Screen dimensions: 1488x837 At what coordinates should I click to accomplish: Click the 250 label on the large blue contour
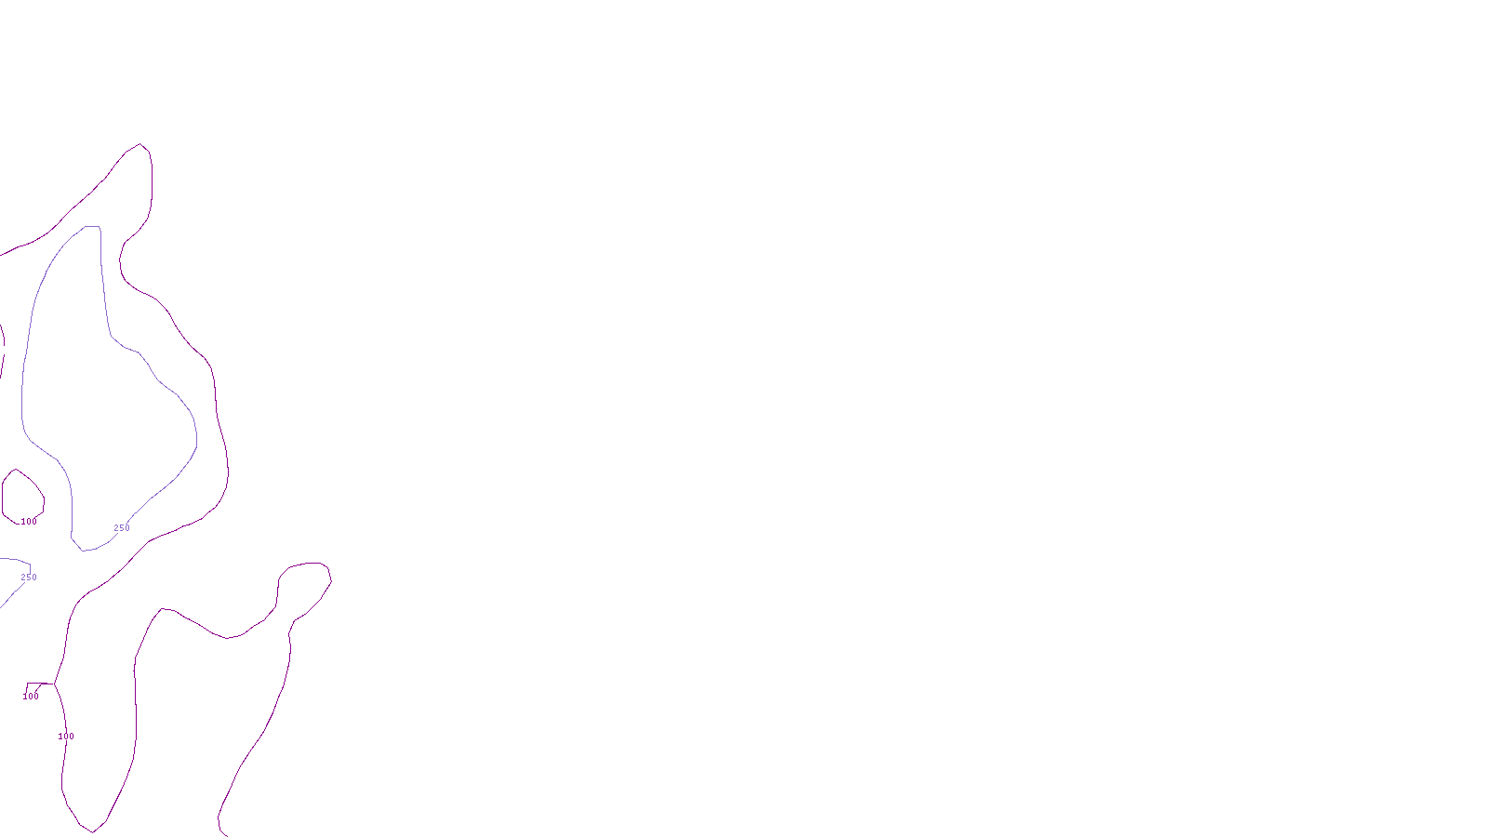122,528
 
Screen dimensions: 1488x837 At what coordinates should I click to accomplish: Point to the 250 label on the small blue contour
29,578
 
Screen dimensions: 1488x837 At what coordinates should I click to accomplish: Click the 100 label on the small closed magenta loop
30,522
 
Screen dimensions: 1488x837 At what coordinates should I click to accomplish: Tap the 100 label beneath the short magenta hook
31,697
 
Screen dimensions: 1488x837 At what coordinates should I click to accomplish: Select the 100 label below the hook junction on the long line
66,737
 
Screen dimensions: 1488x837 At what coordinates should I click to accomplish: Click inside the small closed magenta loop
22,494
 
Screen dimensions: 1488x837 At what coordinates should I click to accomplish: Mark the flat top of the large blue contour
92,226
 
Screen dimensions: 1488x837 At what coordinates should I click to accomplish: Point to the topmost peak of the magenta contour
140,144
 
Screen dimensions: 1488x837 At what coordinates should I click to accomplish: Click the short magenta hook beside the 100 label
35,684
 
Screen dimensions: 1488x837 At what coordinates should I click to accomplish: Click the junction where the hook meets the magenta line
54,684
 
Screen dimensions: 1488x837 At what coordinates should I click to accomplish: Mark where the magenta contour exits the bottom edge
223,834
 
